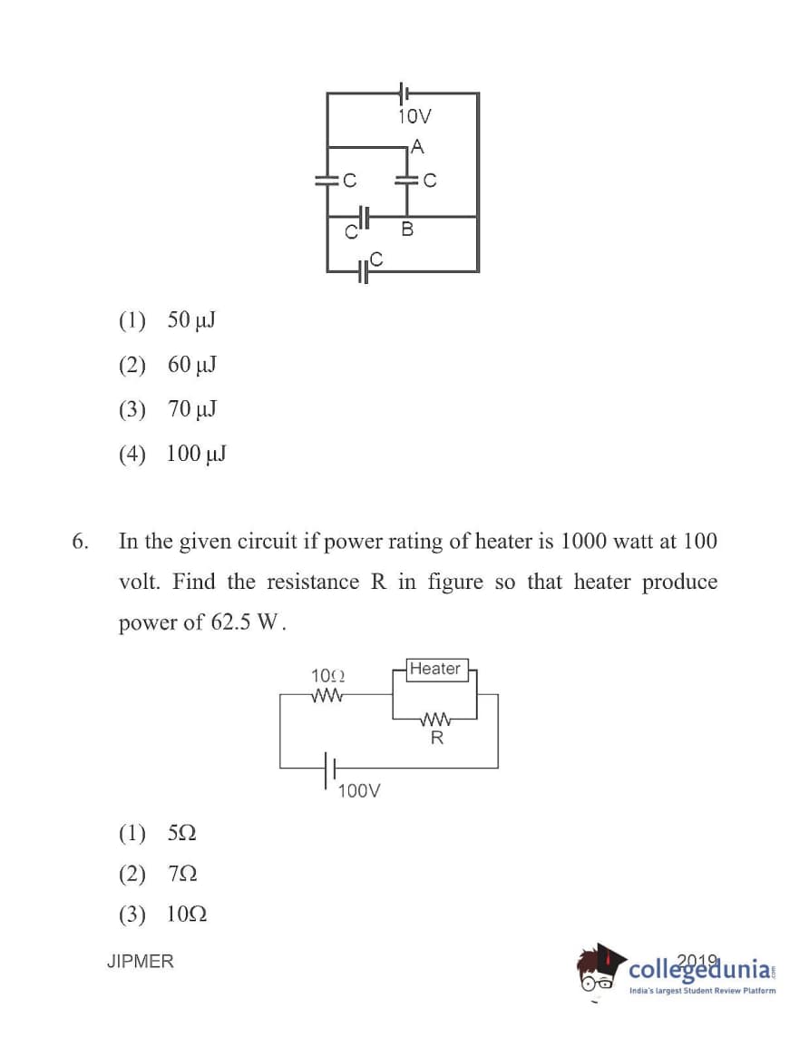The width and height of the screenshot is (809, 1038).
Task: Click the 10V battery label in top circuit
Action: click(414, 116)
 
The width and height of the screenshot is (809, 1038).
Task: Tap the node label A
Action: click(416, 146)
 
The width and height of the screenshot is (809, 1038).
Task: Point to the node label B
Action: click(407, 230)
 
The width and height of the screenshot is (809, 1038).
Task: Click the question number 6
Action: click(80, 542)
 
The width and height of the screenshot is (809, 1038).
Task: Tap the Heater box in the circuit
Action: click(435, 670)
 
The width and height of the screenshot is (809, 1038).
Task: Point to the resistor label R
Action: click(437, 739)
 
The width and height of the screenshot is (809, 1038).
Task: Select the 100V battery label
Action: click(358, 791)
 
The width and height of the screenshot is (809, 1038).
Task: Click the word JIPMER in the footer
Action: click(140, 961)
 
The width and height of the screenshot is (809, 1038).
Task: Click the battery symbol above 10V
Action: click(404, 93)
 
